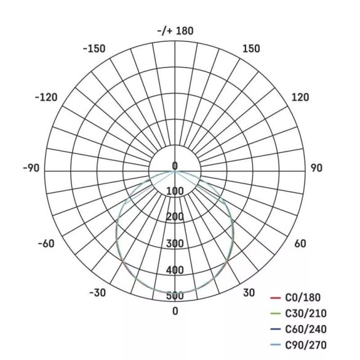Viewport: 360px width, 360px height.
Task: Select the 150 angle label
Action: pyautogui.click(x=251, y=49)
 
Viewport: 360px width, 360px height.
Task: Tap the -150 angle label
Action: pyautogui.click(x=94, y=49)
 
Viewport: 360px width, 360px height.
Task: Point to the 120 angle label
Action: pyautogui.click(x=300, y=97)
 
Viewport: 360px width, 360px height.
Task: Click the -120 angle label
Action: pyautogui.click(x=47, y=97)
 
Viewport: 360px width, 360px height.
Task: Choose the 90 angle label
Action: pyautogui.click(x=316, y=168)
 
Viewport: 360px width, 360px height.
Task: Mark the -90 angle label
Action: pyautogui.click(x=31, y=168)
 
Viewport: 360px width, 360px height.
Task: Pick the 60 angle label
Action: pyautogui.click(x=300, y=244)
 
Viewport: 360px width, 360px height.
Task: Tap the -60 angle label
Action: pyautogui.click(x=47, y=244)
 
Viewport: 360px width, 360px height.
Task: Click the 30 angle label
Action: pyautogui.click(x=249, y=292)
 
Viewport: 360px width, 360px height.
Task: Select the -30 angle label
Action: pyautogui.click(x=98, y=292)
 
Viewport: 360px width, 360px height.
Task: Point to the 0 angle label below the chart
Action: pyautogui.click(x=175, y=311)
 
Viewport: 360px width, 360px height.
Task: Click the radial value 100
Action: pyautogui.click(x=175, y=191)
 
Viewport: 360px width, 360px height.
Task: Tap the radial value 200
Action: pyautogui.click(x=175, y=217)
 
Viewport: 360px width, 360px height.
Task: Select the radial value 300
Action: pyautogui.click(x=175, y=244)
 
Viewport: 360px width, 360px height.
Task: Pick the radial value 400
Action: pyautogui.click(x=175, y=270)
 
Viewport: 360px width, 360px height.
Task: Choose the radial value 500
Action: pyautogui.click(x=175, y=296)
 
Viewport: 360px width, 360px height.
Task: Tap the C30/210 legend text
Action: pyautogui.click(x=306, y=314)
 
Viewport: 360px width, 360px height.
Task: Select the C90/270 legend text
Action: pyautogui.click(x=306, y=345)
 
